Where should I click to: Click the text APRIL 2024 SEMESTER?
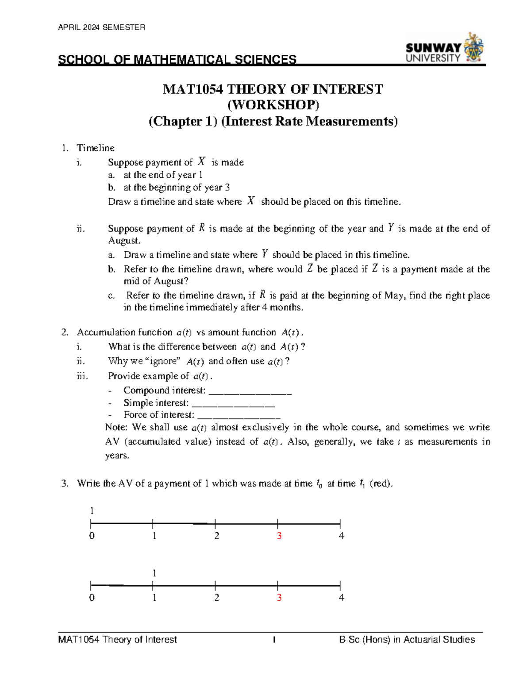pyautogui.click(x=101, y=27)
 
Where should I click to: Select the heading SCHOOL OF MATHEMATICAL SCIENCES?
pyautogui.click(x=177, y=60)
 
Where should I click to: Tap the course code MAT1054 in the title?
pyautogui.click(x=193, y=89)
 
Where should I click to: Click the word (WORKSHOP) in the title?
pyautogui.click(x=273, y=105)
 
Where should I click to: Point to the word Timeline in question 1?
pyautogui.click(x=96, y=148)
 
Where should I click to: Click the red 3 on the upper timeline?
pyautogui.click(x=279, y=536)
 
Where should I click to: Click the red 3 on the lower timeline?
pyautogui.click(x=279, y=598)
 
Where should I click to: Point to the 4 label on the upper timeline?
pyautogui.click(x=341, y=536)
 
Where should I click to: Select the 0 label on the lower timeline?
pyautogui.click(x=92, y=598)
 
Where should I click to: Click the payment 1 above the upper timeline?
pyautogui.click(x=92, y=511)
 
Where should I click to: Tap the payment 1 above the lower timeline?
pyautogui.click(x=154, y=573)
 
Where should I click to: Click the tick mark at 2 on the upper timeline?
pyautogui.click(x=215, y=524)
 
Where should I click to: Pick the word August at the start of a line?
pyautogui.click(x=124, y=241)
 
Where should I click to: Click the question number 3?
pyautogui.click(x=65, y=484)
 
